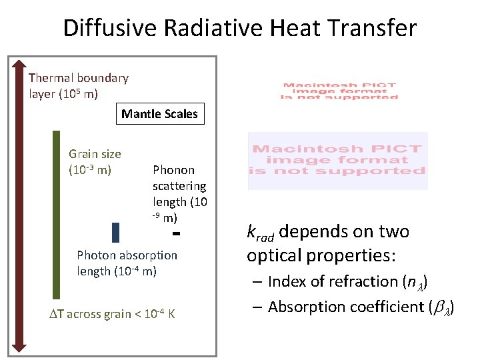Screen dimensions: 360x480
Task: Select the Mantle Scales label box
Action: click(x=159, y=114)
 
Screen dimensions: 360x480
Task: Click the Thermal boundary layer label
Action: click(x=79, y=86)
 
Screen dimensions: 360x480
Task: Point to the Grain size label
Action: click(x=95, y=162)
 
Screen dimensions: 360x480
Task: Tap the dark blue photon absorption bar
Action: click(x=116, y=232)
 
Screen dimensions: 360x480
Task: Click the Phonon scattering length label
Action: click(x=179, y=193)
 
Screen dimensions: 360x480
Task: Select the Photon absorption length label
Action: click(x=127, y=263)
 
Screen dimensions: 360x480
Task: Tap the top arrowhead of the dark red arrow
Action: click(x=19, y=62)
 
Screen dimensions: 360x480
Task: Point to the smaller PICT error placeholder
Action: click(x=340, y=91)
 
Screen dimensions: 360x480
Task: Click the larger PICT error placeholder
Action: click(x=337, y=161)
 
